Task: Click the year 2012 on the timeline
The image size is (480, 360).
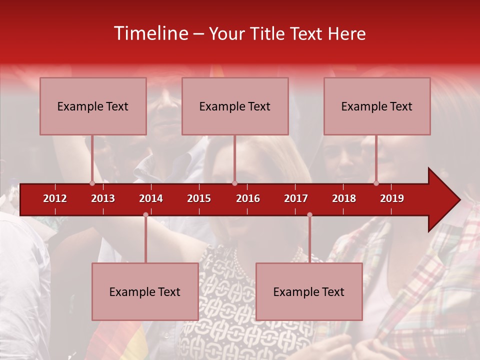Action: pyautogui.click(x=55, y=198)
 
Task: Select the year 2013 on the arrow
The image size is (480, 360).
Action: pyautogui.click(x=103, y=198)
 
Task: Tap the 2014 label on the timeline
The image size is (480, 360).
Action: pyautogui.click(x=151, y=198)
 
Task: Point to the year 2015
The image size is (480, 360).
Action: pyautogui.click(x=199, y=198)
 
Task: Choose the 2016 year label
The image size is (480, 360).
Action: pyautogui.click(x=248, y=198)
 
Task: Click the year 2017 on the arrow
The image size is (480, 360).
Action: pyautogui.click(x=296, y=198)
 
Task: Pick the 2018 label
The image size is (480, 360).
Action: pyautogui.click(x=344, y=198)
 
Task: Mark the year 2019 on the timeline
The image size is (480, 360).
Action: pyautogui.click(x=392, y=198)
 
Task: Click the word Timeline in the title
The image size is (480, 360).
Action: pyautogui.click(x=150, y=33)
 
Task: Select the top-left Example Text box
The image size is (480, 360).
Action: pyautogui.click(x=93, y=106)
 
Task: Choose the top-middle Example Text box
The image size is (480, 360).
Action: pyautogui.click(x=235, y=106)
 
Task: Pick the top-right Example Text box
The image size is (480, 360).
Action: pyautogui.click(x=377, y=106)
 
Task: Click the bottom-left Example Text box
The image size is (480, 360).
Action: pyautogui.click(x=145, y=291)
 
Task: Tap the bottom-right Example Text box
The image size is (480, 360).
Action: pyautogui.click(x=309, y=291)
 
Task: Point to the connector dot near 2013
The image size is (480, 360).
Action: pyautogui.click(x=92, y=183)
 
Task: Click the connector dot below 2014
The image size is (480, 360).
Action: pyautogui.click(x=145, y=215)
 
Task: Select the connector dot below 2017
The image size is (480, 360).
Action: pyautogui.click(x=309, y=215)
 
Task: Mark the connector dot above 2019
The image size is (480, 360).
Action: pyautogui.click(x=376, y=183)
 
